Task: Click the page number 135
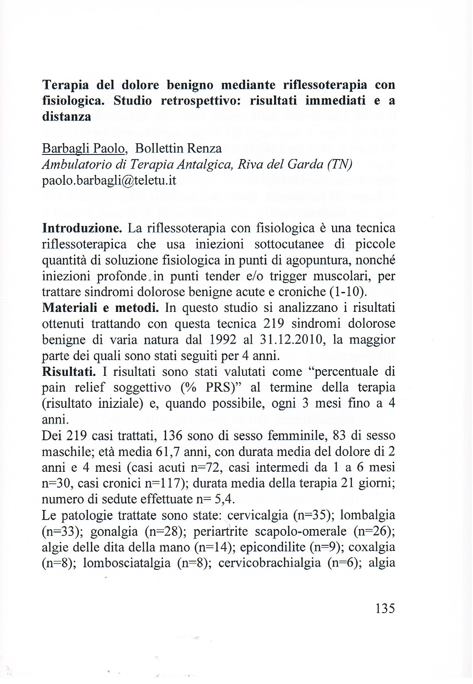pos(385,608)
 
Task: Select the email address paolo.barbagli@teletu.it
pos(109,181)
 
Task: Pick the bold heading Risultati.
pos(69,371)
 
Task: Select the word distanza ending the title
pos(66,117)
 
